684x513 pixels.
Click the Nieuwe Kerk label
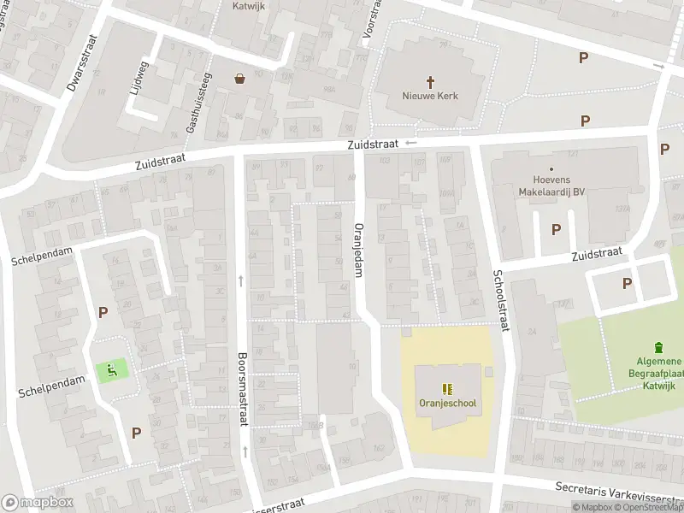tap(430, 96)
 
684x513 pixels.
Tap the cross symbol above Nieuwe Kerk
tap(430, 80)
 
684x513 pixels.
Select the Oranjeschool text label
tap(447, 404)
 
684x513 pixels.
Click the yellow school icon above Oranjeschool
tap(447, 387)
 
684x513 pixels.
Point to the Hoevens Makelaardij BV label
tap(551, 186)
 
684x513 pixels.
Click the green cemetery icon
tap(658, 347)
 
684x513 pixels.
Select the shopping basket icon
tap(240, 79)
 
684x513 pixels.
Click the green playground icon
tap(112, 370)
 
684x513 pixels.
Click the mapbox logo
tap(38, 503)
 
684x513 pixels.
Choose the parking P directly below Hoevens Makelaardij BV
tap(556, 229)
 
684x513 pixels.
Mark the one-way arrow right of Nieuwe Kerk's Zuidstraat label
tap(411, 143)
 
